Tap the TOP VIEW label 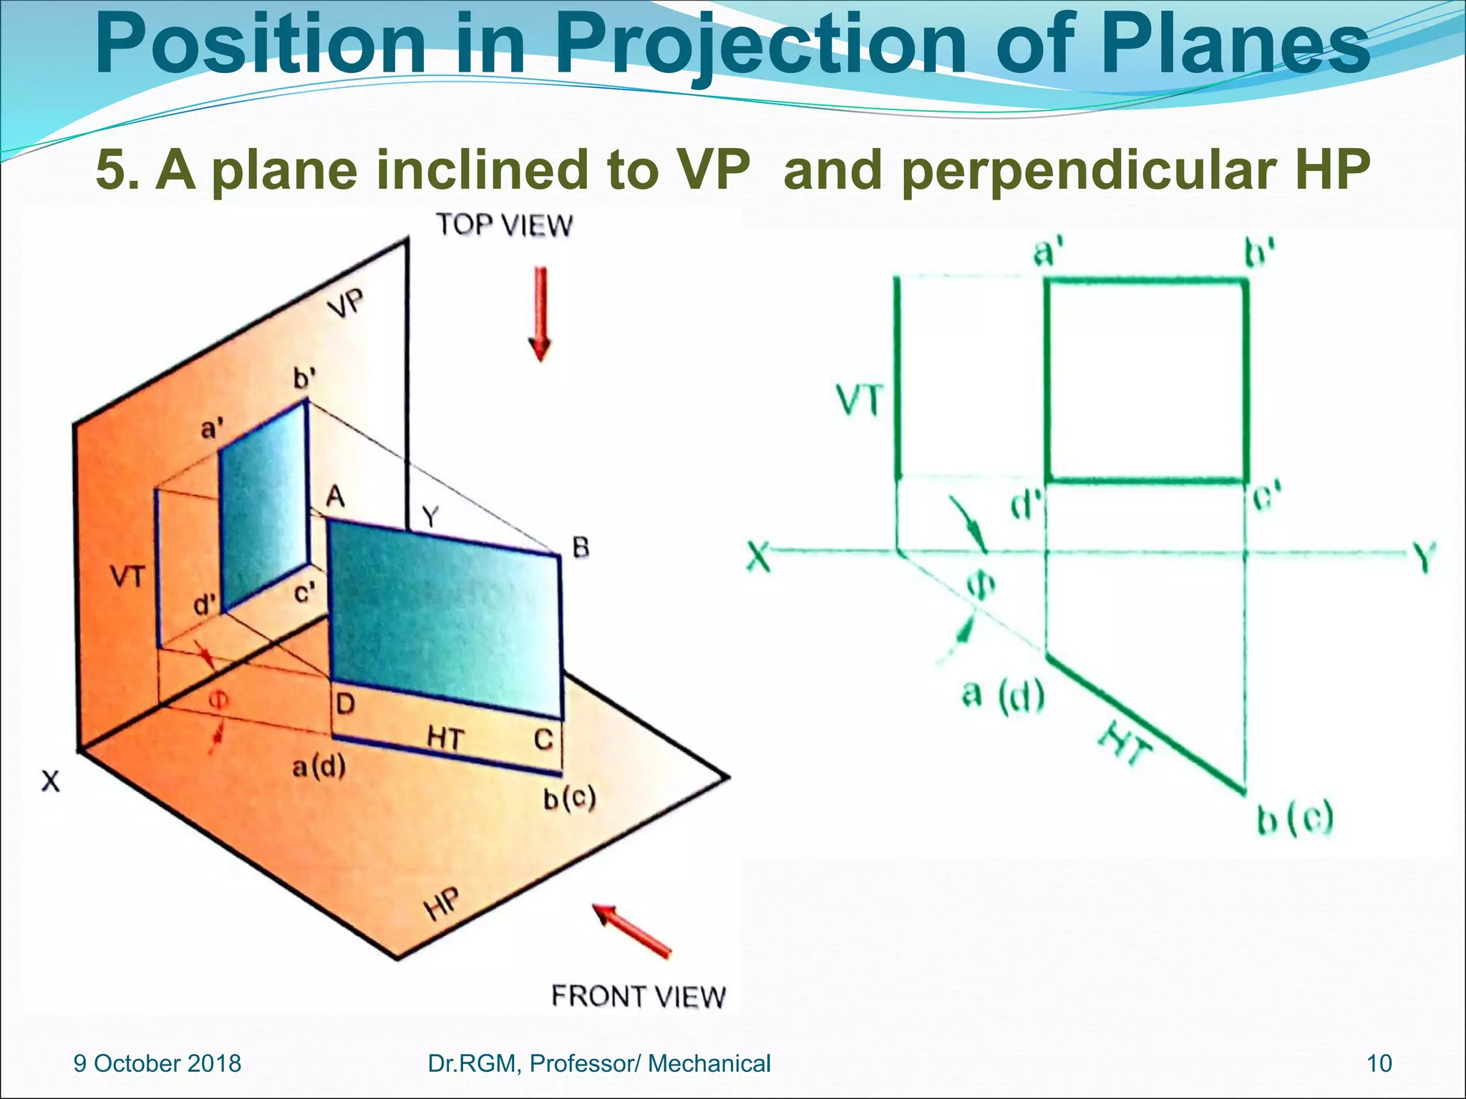coord(505,225)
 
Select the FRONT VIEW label coord(638,996)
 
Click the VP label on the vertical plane coord(346,303)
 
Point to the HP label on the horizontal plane coord(442,904)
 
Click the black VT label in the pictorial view coord(127,576)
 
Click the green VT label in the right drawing coord(860,400)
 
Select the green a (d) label coord(1003,695)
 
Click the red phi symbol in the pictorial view coord(219,698)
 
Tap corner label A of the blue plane coord(335,496)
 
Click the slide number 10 coord(1379,1063)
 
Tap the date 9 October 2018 coord(157,1063)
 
